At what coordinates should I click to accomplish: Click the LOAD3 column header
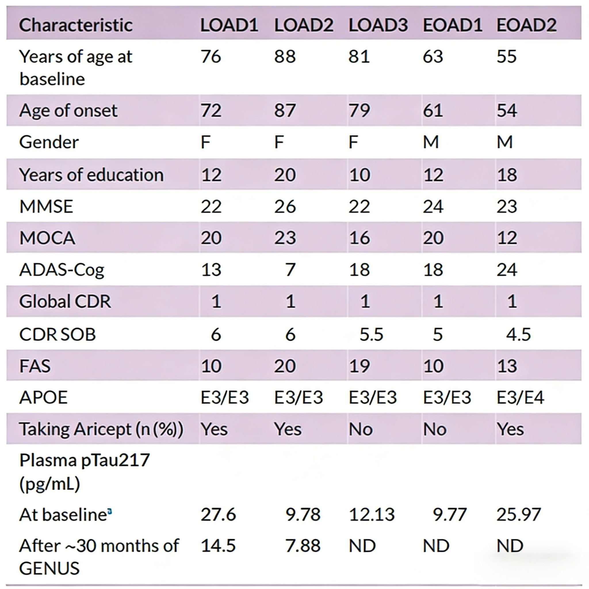coord(378,25)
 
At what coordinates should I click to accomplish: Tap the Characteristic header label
coord(76,25)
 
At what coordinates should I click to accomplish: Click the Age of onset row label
coord(68,110)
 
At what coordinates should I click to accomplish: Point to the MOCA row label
coord(47,238)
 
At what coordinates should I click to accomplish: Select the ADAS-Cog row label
coord(62,270)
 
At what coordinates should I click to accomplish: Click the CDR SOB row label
coord(57,334)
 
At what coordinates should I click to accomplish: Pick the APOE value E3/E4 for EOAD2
coord(520,397)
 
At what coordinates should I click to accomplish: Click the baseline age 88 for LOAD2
coord(285,56)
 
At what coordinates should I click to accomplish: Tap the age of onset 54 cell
coord(507,110)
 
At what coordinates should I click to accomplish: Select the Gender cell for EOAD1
coord(431,142)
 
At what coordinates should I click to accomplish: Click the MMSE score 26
coord(285,207)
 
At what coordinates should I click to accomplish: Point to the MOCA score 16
coord(359,238)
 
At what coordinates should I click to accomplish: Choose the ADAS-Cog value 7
coord(290,270)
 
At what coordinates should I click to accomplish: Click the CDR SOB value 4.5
coord(518,334)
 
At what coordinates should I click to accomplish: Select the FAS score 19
coord(359,366)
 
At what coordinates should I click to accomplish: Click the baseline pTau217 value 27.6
coord(218,515)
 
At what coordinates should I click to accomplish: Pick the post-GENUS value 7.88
coord(303,546)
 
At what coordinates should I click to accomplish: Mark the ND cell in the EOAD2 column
coord(510,546)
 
